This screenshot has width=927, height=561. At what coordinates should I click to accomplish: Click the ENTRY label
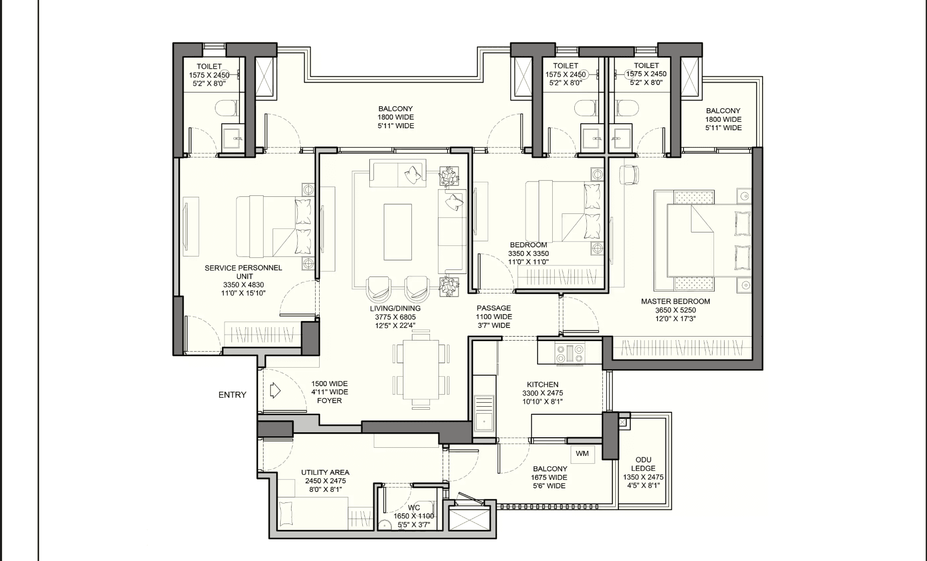pyautogui.click(x=232, y=395)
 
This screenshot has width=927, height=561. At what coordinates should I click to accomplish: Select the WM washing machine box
pyautogui.click(x=582, y=454)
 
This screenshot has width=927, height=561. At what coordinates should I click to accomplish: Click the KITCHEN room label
pyautogui.click(x=543, y=385)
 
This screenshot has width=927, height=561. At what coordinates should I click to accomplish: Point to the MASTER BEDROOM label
pyautogui.click(x=675, y=302)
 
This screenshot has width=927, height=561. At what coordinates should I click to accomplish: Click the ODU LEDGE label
pyautogui.click(x=643, y=464)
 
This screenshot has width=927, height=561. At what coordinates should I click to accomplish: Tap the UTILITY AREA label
pyautogui.click(x=325, y=472)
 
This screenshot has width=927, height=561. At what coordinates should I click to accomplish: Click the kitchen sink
pyautogui.click(x=484, y=413)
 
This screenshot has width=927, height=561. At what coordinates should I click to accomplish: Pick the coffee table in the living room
pyautogui.click(x=398, y=232)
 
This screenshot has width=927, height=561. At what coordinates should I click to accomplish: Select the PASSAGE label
pyautogui.click(x=494, y=308)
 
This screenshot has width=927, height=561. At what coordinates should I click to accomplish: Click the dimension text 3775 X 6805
pyautogui.click(x=395, y=317)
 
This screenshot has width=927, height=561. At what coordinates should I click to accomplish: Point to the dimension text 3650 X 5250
pyautogui.click(x=675, y=310)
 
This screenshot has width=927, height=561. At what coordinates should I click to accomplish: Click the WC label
pyautogui.click(x=414, y=508)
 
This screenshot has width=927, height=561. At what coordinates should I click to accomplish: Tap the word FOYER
pyautogui.click(x=330, y=401)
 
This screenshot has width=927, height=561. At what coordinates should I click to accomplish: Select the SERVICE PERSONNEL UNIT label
pyautogui.click(x=244, y=272)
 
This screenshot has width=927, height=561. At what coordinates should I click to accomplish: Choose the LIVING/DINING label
pyautogui.click(x=395, y=309)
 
